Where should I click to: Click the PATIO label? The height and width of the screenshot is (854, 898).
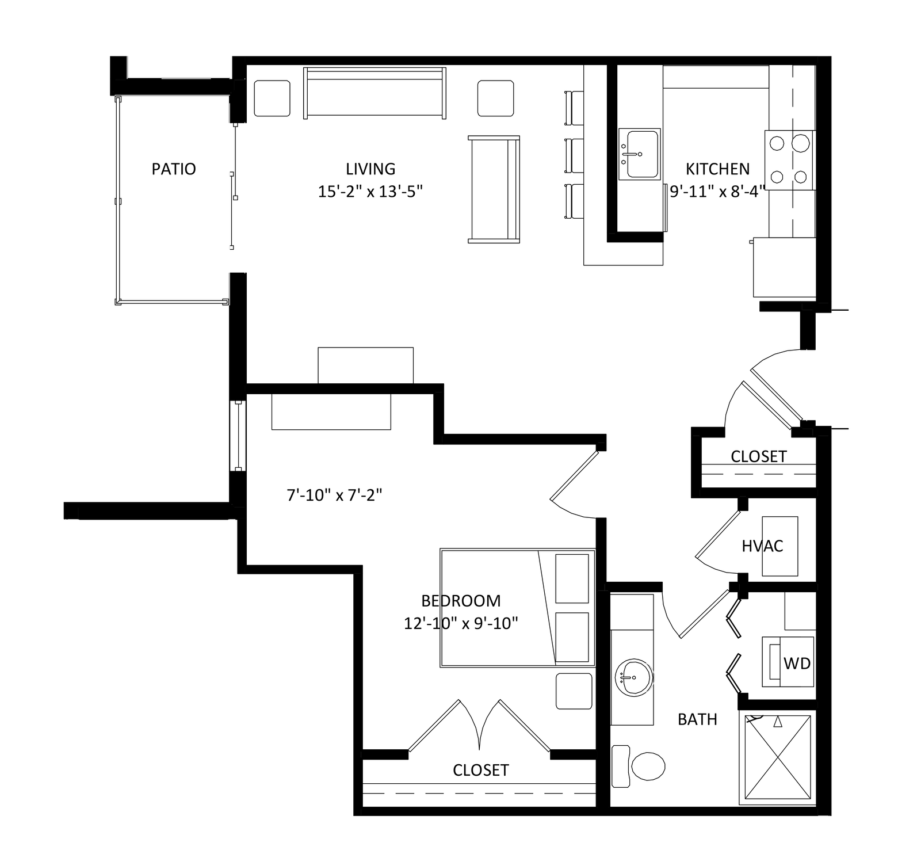pos(174,169)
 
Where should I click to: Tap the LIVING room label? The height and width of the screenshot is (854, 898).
pos(370,169)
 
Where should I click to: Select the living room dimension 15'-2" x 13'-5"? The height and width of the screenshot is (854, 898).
pos(370,192)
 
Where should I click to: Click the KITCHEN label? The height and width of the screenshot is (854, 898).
pos(717,169)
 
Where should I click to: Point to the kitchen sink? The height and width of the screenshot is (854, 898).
pos(639,154)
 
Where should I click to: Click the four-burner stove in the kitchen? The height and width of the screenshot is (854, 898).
pos(789,160)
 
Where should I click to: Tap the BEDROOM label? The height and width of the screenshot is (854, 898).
pos(461,601)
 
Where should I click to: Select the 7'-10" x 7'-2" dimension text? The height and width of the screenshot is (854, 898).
pos(335,495)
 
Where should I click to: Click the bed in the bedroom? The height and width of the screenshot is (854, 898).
pos(517,608)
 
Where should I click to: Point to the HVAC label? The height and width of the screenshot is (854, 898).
pos(762,546)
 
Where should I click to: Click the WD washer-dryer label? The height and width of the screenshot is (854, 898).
pos(797,664)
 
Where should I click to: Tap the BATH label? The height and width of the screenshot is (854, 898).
pos(697,719)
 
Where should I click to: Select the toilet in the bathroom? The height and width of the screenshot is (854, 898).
pos(638,766)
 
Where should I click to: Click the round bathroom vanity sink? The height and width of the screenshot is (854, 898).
pos(634,677)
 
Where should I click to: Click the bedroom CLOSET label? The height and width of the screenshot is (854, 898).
pos(480,771)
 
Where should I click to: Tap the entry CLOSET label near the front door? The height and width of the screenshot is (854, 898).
pos(758,457)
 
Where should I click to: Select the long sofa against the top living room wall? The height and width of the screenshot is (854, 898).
pos(375,93)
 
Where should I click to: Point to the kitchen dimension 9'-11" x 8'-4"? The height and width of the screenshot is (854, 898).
pos(717,192)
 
